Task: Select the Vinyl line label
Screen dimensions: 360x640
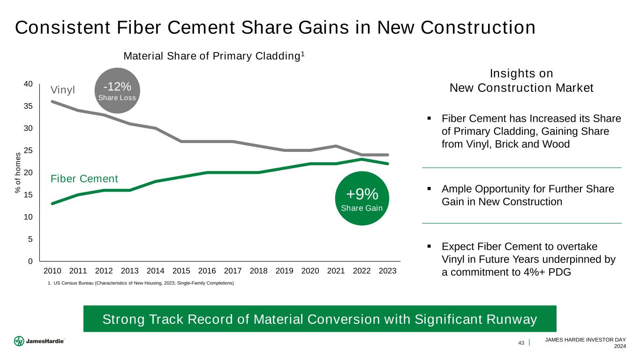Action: click(x=63, y=90)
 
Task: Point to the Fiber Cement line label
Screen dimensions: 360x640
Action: click(x=84, y=179)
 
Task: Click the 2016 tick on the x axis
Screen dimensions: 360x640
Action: click(x=207, y=271)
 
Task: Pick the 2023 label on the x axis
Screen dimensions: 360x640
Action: click(x=388, y=271)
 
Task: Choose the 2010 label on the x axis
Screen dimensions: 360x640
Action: click(x=53, y=271)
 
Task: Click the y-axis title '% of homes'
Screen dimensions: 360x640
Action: click(x=18, y=172)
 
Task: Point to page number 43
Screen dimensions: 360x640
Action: click(x=521, y=343)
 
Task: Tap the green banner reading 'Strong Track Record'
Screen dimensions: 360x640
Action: click(x=320, y=319)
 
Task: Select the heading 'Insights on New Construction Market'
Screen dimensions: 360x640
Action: click(x=521, y=81)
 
